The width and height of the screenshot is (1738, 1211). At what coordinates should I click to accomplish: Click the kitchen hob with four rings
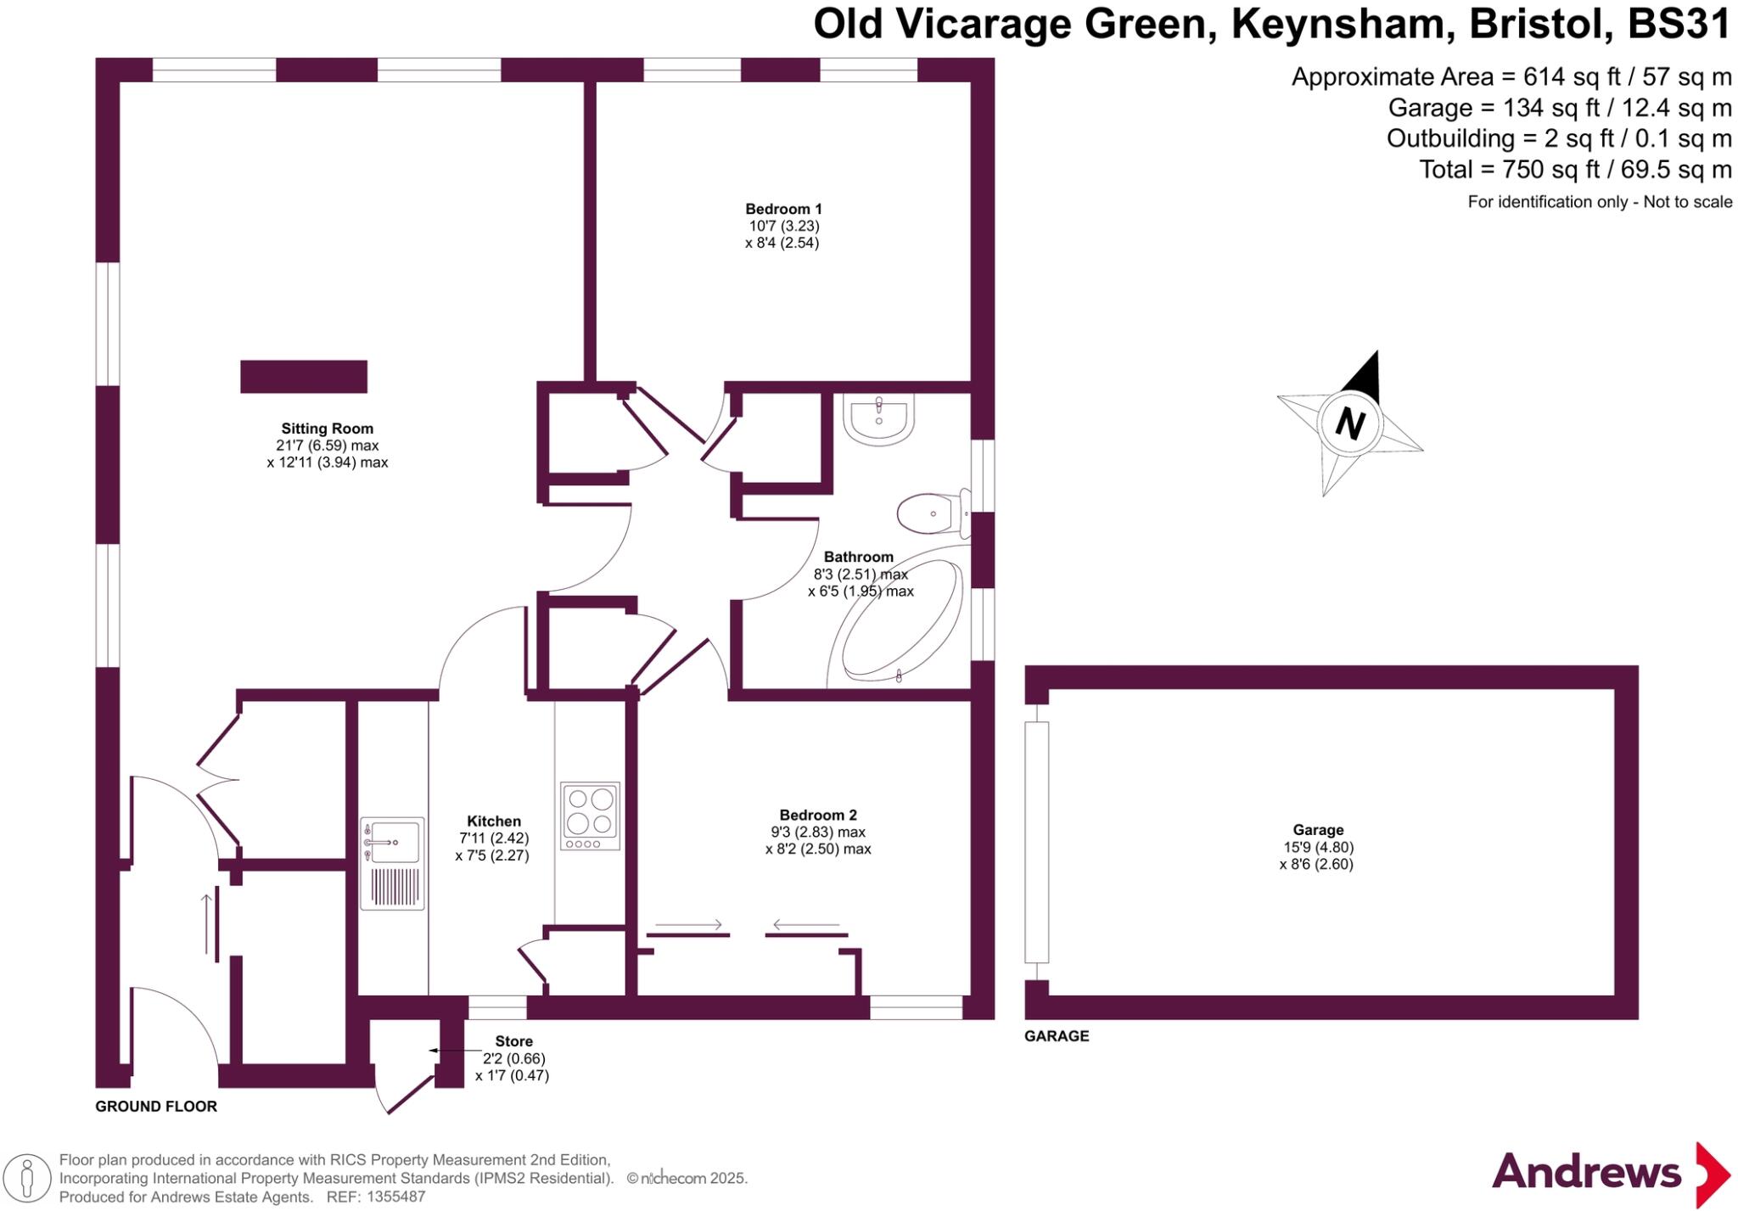(590, 816)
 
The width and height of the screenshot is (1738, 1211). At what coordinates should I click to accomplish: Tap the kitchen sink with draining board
(392, 863)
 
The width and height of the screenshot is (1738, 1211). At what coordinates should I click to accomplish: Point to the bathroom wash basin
(879, 419)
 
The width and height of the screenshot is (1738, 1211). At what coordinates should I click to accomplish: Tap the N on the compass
(1349, 422)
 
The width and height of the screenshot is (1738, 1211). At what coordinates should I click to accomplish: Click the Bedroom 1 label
(783, 209)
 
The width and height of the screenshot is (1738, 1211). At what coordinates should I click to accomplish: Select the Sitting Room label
(327, 429)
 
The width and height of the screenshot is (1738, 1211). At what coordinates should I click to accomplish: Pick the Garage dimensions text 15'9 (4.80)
(1318, 847)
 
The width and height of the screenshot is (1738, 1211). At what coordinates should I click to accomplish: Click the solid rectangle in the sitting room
(304, 377)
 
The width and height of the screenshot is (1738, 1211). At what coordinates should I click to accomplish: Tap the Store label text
(513, 1041)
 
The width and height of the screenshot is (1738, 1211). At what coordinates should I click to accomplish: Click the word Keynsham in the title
(1339, 24)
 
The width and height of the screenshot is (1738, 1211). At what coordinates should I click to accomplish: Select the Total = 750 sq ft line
(1575, 170)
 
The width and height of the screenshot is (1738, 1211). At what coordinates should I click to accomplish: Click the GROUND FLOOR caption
(156, 1107)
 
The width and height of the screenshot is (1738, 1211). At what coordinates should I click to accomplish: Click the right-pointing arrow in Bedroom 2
(688, 924)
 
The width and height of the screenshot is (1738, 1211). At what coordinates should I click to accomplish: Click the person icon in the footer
(27, 1180)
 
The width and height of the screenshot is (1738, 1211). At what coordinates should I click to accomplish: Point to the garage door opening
(1036, 842)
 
